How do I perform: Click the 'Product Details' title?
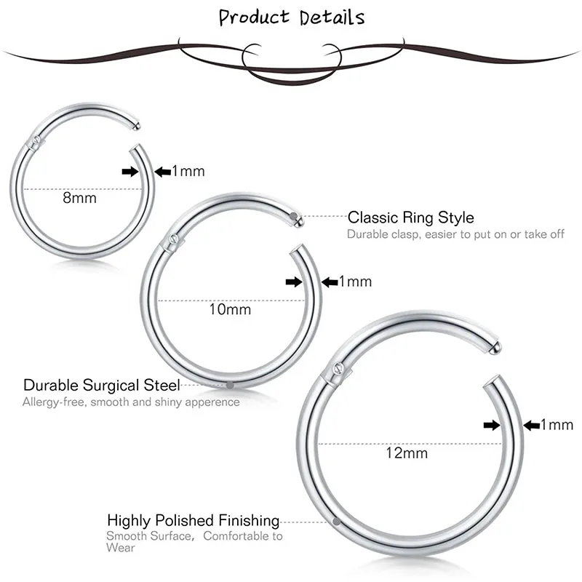click(x=292, y=17)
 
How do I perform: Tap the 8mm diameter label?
click(x=79, y=197)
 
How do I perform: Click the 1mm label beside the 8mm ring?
click(x=188, y=172)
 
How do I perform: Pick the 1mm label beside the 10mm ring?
click(x=356, y=282)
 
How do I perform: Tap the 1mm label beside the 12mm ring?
click(x=557, y=425)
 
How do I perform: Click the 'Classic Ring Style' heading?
click(x=410, y=217)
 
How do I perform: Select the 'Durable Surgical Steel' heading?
click(x=102, y=385)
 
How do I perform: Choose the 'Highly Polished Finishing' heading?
click(x=194, y=520)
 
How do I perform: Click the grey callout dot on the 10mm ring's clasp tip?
click(x=294, y=216)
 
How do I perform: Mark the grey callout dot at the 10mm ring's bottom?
click(x=230, y=384)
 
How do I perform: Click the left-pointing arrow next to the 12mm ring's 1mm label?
click(x=530, y=425)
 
